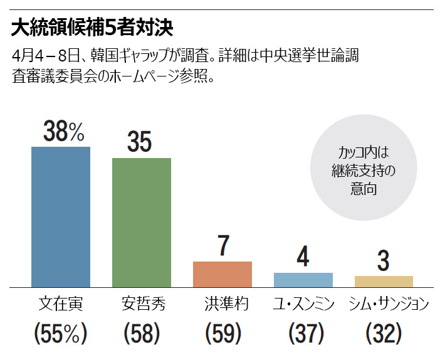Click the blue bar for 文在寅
61,216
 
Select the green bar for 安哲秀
142,222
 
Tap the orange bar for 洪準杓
222,274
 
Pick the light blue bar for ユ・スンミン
303,280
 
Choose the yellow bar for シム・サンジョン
384,281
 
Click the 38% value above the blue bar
63,132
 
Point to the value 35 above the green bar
139,142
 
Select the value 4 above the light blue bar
303,257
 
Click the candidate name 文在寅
61,304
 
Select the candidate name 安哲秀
142,304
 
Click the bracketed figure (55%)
60,333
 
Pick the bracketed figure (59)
223,333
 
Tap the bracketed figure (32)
384,333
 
